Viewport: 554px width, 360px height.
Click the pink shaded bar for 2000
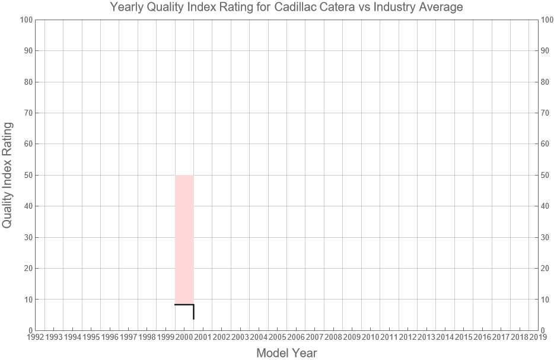click(184, 237)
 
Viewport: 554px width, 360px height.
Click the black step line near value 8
click(184, 304)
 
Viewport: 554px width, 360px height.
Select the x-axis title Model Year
click(286, 353)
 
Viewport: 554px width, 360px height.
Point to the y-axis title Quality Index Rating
click(8, 175)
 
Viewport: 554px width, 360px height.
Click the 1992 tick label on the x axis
click(35, 337)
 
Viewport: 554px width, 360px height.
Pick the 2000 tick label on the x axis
click(184, 337)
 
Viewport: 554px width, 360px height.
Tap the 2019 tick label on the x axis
click(538, 337)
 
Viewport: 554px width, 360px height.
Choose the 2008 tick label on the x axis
click(333, 337)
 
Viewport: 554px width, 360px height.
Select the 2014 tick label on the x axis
click(445, 337)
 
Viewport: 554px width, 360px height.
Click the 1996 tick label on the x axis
click(110, 337)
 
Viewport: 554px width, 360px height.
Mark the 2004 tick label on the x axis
click(259, 337)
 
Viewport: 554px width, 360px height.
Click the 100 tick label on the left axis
click(25, 20)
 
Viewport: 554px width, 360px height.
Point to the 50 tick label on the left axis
click(27, 175)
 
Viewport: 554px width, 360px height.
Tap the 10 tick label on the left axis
click(27, 300)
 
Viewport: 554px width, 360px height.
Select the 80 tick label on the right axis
click(546, 82)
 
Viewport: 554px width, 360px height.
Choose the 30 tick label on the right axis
click(546, 237)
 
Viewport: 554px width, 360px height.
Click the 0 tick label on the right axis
click(545, 330)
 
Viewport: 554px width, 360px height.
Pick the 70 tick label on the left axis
click(27, 113)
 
